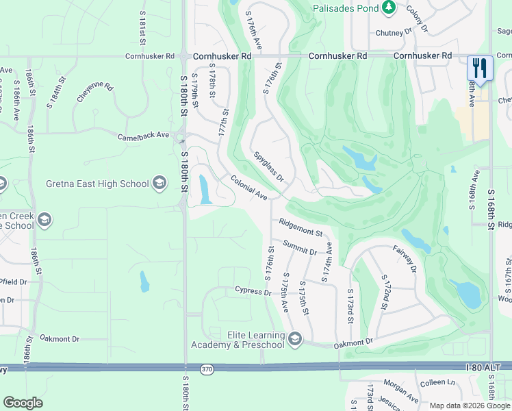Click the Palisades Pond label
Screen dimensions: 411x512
tap(346, 8)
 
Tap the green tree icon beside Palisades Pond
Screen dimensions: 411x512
tap(389, 8)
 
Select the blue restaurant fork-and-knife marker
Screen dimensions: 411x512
tap(479, 68)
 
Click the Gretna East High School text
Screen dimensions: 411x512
tap(97, 184)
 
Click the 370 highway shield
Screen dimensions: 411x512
tap(207, 370)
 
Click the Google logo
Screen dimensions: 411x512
tap(23, 403)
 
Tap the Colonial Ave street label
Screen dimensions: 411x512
tap(248, 187)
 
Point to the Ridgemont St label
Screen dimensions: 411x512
tap(300, 228)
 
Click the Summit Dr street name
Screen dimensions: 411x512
tap(300, 248)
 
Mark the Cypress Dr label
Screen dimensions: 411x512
tap(253, 292)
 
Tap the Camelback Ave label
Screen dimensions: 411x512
tap(143, 136)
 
